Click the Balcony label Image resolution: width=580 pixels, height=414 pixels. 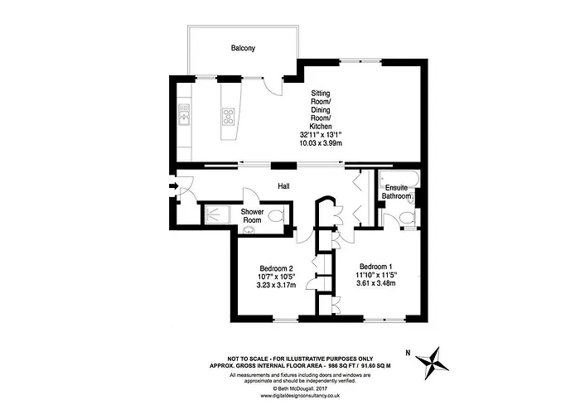[243, 49]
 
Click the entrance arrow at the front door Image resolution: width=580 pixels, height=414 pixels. [172, 187]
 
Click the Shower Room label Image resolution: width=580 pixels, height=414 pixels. [252, 216]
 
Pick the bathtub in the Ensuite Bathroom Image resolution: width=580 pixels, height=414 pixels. [396, 178]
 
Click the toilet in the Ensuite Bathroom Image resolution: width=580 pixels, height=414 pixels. [407, 217]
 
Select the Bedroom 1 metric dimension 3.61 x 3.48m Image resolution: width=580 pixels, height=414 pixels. [375, 283]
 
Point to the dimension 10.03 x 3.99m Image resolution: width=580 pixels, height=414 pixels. [321, 142]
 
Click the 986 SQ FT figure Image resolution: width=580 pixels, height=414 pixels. [326, 363]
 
